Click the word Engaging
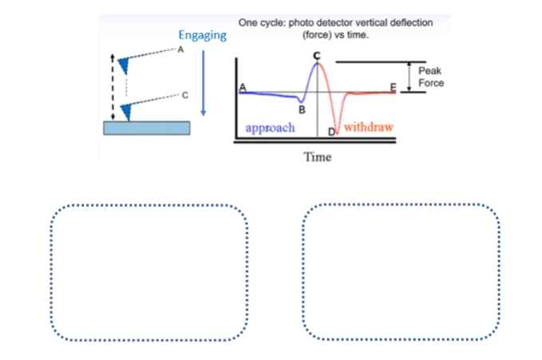click(x=202, y=36)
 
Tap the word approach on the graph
click(x=271, y=128)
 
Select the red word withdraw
click(x=369, y=128)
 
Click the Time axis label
click(x=317, y=156)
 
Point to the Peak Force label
click(x=431, y=77)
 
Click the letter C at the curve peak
click(x=317, y=54)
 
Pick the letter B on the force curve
click(x=302, y=109)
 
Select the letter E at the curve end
click(x=392, y=86)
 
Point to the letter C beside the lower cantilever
click(x=184, y=96)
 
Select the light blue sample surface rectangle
click(x=147, y=128)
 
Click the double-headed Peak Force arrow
click(x=410, y=77)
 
